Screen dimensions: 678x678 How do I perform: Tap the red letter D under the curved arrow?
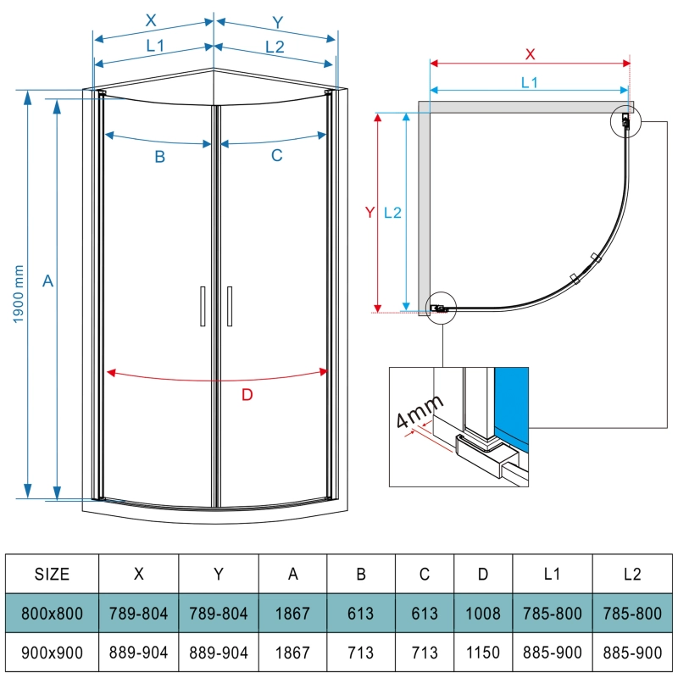coord(247,394)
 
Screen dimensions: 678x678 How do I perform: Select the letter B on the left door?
coord(158,156)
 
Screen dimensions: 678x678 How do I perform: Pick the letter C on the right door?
coord(276,156)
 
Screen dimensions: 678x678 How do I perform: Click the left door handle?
coord(203,306)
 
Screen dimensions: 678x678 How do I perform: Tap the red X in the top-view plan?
coord(531,53)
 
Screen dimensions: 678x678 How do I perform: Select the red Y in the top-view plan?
coord(369,213)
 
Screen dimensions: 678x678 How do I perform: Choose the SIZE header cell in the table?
coord(52,574)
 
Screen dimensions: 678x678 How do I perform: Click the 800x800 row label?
coord(52,614)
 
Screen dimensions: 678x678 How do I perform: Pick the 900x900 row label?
coord(52,653)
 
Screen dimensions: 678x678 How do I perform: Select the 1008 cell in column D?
coord(482,614)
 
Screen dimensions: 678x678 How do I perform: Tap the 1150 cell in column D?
coord(482,653)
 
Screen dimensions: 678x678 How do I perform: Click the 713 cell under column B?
coord(361,653)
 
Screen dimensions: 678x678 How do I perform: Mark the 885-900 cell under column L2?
coord(631,653)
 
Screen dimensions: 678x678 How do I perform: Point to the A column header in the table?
coord(293,574)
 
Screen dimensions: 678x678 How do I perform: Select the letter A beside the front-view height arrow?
coord(48,281)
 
